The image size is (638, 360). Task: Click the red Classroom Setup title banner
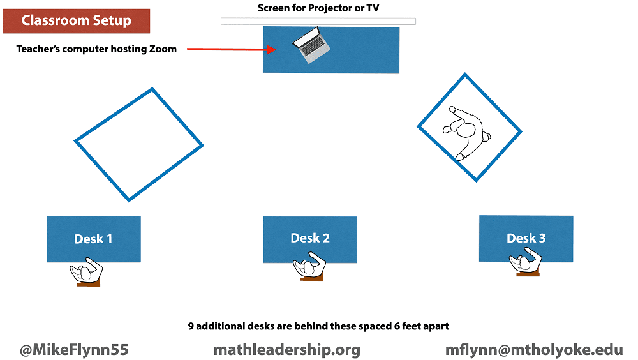tap(76, 20)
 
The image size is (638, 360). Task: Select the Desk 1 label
tap(93, 239)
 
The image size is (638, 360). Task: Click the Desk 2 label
tap(310, 238)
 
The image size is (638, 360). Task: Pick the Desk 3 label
tap(526, 238)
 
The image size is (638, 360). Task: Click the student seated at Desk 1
tap(86, 272)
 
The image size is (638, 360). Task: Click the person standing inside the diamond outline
tap(466, 131)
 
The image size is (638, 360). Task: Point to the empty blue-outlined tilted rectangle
tap(138, 144)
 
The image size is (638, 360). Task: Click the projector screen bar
tap(318, 21)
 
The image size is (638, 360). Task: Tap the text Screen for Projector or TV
tap(318, 8)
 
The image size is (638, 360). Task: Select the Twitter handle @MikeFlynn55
tap(74, 350)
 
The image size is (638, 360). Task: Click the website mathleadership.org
tap(286, 350)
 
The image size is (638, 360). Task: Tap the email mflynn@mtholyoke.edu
tap(534, 350)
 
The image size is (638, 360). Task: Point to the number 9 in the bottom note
tap(191, 326)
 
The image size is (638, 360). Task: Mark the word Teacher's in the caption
tap(40, 49)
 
